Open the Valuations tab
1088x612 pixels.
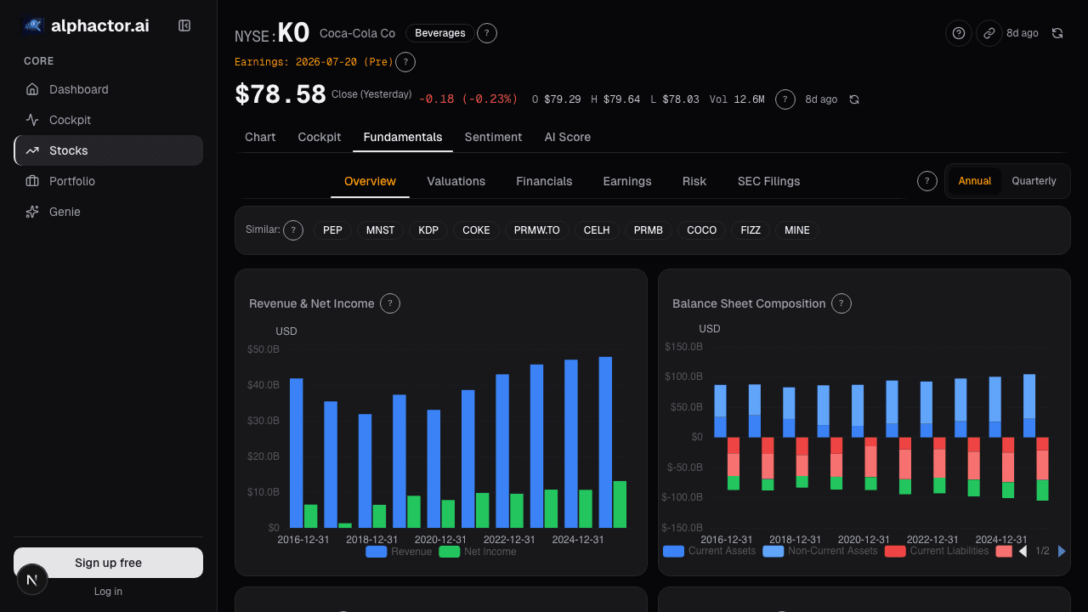[456, 181]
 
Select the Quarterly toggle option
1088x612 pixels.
[1034, 181]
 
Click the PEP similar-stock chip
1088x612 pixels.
[332, 230]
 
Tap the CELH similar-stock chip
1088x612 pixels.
[597, 230]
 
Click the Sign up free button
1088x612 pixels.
[108, 563]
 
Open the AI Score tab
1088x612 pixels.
[567, 137]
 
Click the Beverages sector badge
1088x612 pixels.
[439, 33]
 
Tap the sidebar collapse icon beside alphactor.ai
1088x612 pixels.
[184, 25]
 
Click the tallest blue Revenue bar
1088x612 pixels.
[605, 443]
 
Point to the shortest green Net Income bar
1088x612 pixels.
[345, 525]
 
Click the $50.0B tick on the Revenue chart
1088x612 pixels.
[263, 349]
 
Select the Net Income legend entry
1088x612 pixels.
[478, 552]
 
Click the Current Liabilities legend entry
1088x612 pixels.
[937, 551]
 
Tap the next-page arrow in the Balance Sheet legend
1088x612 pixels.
[1062, 552]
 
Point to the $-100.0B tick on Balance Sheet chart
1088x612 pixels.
[682, 497]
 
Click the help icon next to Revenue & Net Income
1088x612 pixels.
[389, 303]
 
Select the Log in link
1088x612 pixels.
[108, 591]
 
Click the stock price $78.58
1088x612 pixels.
[280, 94]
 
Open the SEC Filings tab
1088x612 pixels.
[768, 181]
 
